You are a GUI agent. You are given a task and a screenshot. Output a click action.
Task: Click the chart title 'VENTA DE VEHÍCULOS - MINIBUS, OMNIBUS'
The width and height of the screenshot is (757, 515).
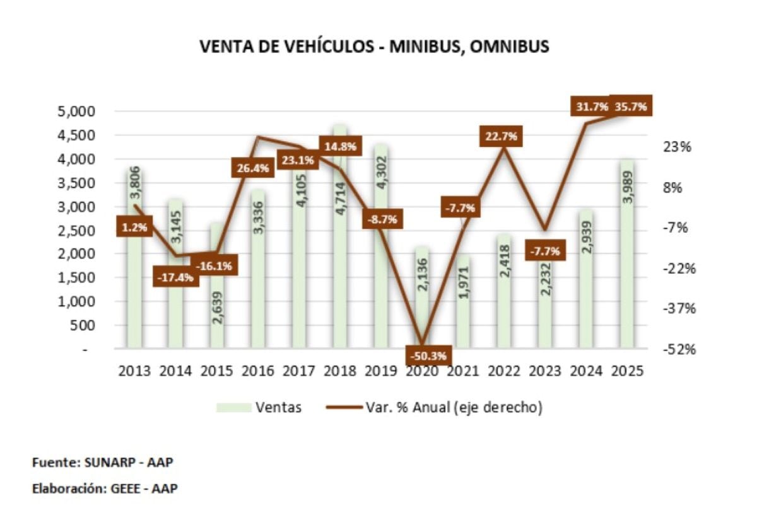pos(374,47)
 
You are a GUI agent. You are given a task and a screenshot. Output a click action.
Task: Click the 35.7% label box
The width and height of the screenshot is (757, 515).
pos(629,107)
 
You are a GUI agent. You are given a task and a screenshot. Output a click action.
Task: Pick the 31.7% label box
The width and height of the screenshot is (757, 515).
pos(592,107)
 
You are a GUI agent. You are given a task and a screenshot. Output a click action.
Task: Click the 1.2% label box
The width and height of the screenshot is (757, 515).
pos(135,227)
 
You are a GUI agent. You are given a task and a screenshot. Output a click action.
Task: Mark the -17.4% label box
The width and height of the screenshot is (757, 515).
pos(176,277)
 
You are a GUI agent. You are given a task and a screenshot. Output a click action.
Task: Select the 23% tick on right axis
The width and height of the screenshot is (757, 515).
pos(680,147)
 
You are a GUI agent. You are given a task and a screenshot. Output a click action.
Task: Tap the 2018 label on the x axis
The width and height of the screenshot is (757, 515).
pos(340,371)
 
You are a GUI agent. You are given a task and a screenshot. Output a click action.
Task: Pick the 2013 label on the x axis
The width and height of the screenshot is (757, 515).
pos(134,371)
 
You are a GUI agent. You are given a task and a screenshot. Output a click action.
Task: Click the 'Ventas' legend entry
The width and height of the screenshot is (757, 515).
pos(278,407)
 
